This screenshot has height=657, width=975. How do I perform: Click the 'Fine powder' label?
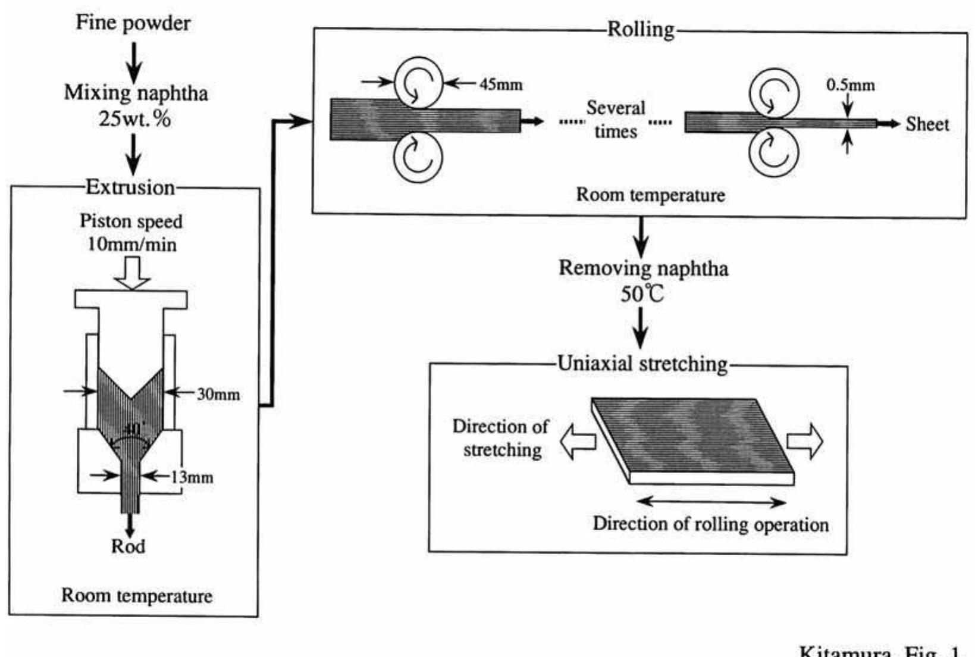click(x=133, y=23)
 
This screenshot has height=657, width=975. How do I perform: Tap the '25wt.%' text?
click(x=135, y=119)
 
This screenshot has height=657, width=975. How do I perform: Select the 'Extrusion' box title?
click(x=130, y=187)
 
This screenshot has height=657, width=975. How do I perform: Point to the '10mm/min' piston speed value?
click(x=131, y=245)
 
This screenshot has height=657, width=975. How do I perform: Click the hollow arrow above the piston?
click(x=132, y=273)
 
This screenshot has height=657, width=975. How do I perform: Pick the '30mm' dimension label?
click(x=218, y=394)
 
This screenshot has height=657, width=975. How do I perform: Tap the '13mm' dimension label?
click(x=192, y=477)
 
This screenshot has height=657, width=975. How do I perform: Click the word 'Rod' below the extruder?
click(x=128, y=546)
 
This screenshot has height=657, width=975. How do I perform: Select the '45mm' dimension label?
click(x=501, y=85)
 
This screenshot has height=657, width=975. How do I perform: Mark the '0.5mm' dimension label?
click(x=851, y=85)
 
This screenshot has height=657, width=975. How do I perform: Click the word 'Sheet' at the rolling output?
click(x=927, y=124)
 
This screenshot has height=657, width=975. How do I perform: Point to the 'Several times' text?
click(x=616, y=120)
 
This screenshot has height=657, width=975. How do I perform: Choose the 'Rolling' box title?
click(x=641, y=29)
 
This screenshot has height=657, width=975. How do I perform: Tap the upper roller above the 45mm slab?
click(x=418, y=83)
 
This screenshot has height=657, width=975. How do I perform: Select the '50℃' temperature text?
click(x=642, y=294)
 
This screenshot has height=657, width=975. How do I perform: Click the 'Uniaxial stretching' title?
click(x=642, y=364)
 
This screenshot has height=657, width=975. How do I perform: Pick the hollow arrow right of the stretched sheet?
click(x=805, y=442)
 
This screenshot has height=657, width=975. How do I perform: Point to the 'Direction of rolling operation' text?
click(x=710, y=524)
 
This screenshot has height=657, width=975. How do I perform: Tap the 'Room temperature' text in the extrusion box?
click(x=137, y=596)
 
